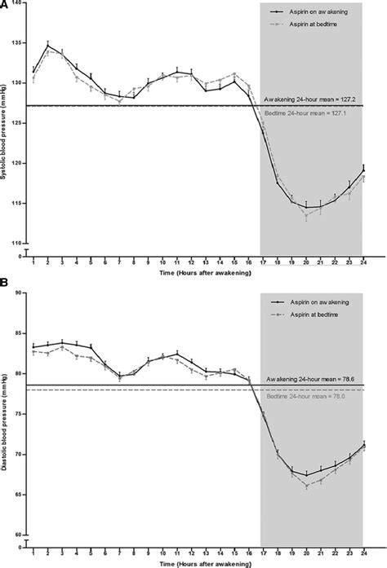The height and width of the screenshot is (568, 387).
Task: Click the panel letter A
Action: [5, 5]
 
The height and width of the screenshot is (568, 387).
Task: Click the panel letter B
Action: [5, 286]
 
